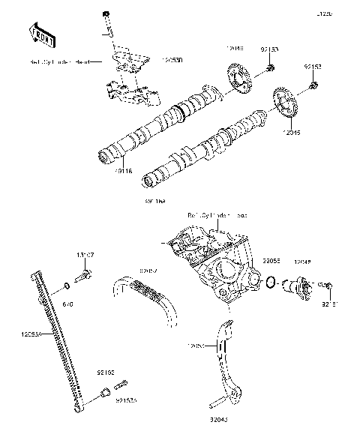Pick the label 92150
coord(105,372)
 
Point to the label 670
coord(67,305)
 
